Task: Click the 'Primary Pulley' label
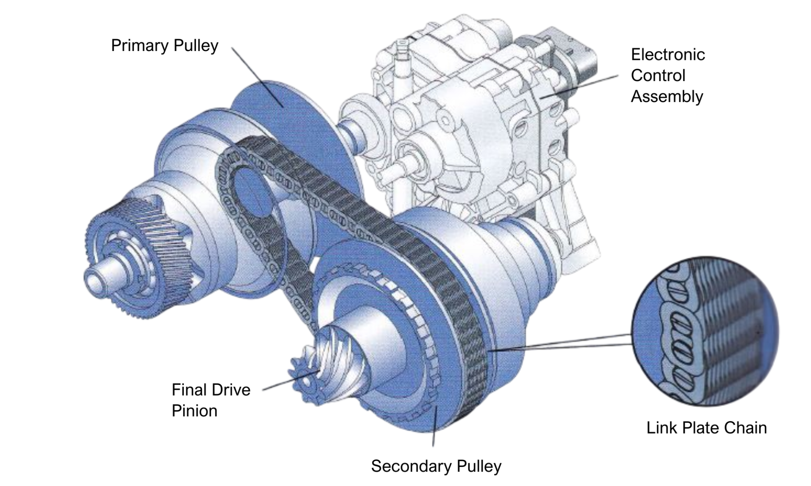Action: [164, 46]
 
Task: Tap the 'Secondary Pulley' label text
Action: [436, 466]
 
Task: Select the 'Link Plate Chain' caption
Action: [706, 428]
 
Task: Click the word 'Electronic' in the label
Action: [667, 54]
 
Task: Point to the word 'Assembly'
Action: [667, 97]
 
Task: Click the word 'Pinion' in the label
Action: [194, 410]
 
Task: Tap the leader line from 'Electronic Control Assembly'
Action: [579, 86]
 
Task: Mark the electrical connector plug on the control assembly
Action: [583, 59]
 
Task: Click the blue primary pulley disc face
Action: [287, 110]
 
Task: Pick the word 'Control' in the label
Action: [658, 76]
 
